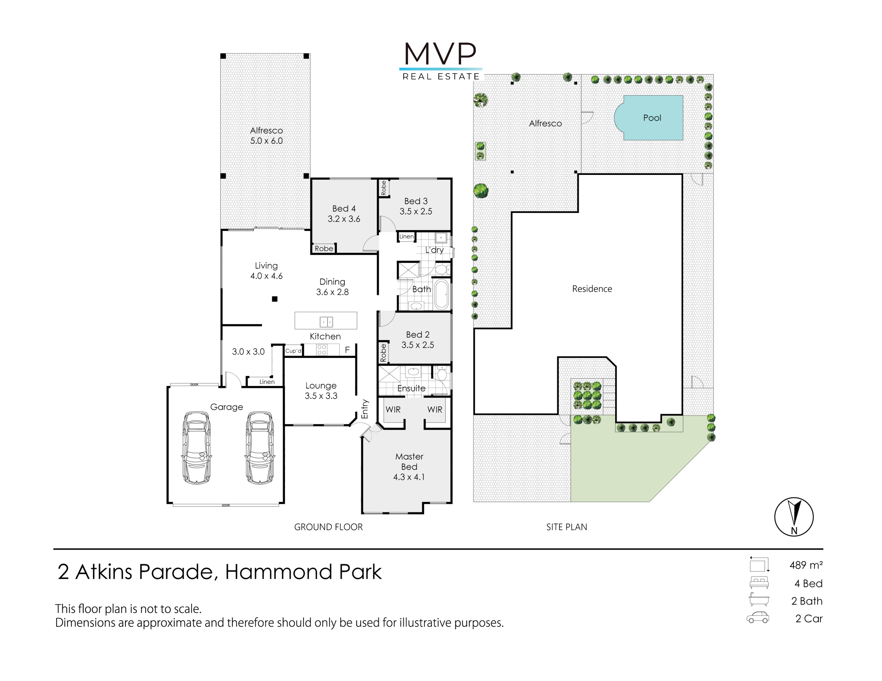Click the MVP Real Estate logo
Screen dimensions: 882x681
(x=440, y=61)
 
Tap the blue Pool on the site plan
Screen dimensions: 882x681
(x=649, y=118)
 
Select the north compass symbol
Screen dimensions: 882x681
(x=794, y=517)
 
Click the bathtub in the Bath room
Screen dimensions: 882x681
(x=442, y=295)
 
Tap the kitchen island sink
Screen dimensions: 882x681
(x=326, y=322)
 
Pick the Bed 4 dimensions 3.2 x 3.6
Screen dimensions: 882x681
(x=344, y=219)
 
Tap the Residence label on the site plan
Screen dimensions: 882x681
(x=592, y=289)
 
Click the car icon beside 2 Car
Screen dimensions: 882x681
(x=758, y=618)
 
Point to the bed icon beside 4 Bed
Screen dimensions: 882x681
(x=759, y=582)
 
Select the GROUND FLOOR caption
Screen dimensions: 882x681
(x=328, y=527)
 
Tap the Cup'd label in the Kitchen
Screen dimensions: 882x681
(x=293, y=351)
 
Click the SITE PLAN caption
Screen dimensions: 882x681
(x=567, y=527)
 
